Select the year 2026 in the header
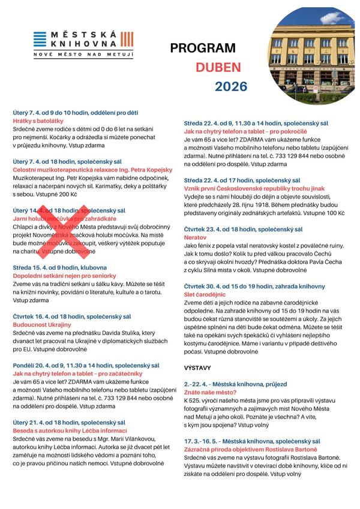[x=231, y=86]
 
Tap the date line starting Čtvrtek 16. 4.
[x=71, y=316]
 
